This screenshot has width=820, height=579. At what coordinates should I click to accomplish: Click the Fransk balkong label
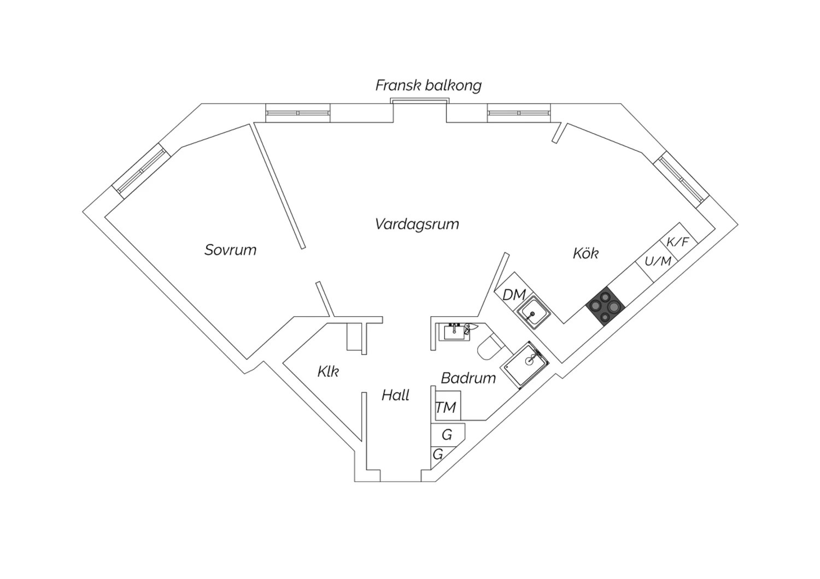(x=428, y=86)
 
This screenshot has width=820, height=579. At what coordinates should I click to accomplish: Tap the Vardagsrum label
(x=417, y=224)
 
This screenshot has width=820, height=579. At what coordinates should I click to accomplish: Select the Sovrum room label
(x=230, y=250)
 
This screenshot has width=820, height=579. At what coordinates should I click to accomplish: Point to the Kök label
(x=585, y=253)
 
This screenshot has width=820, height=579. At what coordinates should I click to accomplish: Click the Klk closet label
(x=328, y=371)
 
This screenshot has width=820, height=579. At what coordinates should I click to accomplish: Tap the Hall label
(x=395, y=395)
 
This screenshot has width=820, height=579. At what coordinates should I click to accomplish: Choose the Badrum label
(x=468, y=378)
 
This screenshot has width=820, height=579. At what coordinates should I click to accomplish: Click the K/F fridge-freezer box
(x=679, y=241)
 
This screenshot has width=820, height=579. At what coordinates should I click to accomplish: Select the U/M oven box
(x=657, y=262)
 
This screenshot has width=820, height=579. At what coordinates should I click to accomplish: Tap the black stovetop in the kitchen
(x=606, y=306)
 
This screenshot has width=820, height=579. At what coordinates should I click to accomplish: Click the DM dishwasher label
(x=514, y=295)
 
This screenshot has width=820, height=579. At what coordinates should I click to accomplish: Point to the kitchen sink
(x=533, y=313)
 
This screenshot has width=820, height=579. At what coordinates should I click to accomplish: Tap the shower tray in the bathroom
(x=526, y=365)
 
